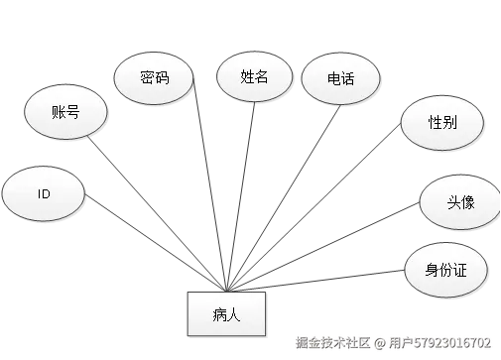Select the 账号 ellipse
point(64,111)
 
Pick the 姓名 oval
point(254,76)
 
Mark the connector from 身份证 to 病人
point(337,277)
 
